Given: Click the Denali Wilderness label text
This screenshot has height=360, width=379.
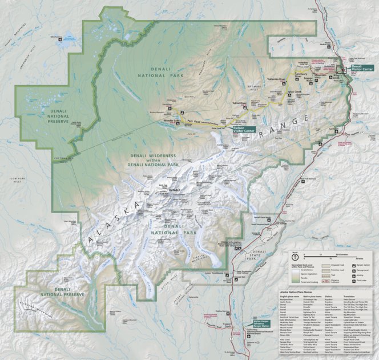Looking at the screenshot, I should tap(152, 160).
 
